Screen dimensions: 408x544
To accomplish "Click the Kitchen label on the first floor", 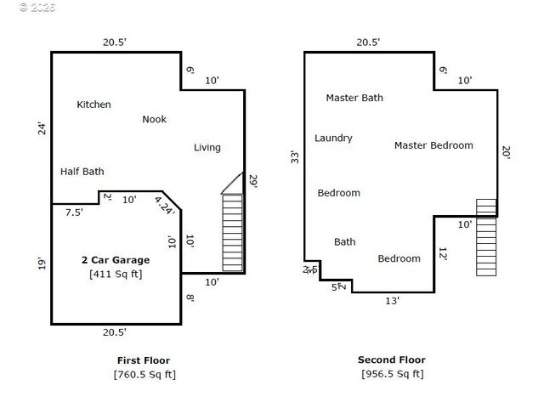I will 93,105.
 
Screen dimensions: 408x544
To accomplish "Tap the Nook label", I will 154,119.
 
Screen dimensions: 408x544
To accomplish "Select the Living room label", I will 207,147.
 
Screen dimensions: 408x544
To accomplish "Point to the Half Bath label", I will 82,171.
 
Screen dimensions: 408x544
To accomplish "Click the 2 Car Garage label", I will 115,260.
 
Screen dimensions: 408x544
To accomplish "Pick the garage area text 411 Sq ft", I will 115,274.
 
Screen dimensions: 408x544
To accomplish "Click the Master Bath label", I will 354,98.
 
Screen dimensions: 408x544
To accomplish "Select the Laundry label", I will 333,138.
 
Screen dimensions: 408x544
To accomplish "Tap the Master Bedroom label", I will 433,145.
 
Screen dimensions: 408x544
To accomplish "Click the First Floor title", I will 144,360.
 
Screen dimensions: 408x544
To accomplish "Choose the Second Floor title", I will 391,360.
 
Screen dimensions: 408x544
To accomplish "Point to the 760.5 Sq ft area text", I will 144,374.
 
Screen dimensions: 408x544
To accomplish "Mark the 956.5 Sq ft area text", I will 391,373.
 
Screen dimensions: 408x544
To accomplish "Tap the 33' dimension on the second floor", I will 295,156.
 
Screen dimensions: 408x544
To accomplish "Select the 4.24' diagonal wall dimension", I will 164,205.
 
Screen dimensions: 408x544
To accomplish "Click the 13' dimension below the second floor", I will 392,300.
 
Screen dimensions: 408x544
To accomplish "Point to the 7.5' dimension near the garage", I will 74,212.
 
